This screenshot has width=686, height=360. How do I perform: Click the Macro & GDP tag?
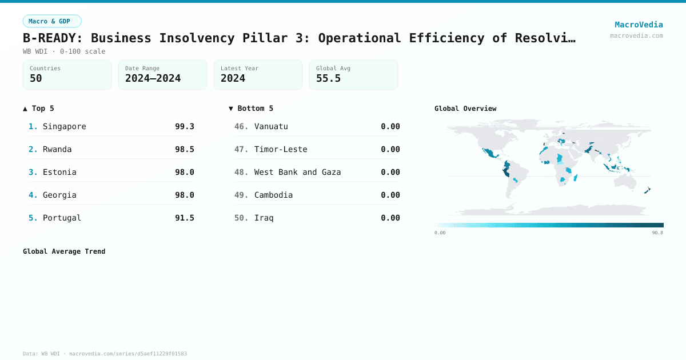pyautogui.click(x=52, y=21)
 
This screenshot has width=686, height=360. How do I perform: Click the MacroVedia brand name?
pyautogui.click(x=639, y=25)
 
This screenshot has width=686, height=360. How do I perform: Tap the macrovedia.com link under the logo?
pyautogui.click(x=636, y=35)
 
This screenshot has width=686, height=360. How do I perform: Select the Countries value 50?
pyautogui.click(x=36, y=78)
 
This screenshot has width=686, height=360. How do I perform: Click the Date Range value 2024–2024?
pyautogui.click(x=153, y=78)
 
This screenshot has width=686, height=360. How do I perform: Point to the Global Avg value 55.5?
pyautogui.click(x=328, y=78)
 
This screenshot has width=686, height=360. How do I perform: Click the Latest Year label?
pyautogui.click(x=240, y=68)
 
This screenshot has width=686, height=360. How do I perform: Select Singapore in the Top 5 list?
pyautogui.click(x=65, y=126)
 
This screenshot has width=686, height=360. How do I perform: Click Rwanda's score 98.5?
pyautogui.click(x=184, y=149)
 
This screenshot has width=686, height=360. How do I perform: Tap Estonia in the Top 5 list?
pyautogui.click(x=59, y=172)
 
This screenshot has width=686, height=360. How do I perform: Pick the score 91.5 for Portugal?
pyautogui.click(x=184, y=218)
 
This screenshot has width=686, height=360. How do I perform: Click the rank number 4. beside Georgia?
pyautogui.click(x=33, y=195)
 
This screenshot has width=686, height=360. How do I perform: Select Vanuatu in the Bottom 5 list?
pyautogui.click(x=271, y=126)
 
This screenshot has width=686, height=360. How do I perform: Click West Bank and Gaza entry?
pyautogui.click(x=297, y=172)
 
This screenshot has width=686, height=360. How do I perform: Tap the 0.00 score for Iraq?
pyautogui.click(x=390, y=218)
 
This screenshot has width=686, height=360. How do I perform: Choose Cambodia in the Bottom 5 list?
pyautogui.click(x=273, y=195)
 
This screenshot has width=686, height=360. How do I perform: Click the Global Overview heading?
pyautogui.click(x=465, y=109)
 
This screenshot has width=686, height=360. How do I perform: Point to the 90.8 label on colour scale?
pyautogui.click(x=657, y=233)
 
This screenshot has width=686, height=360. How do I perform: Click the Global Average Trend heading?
pyautogui.click(x=64, y=251)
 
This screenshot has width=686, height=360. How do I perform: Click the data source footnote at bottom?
pyautogui.click(x=105, y=354)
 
